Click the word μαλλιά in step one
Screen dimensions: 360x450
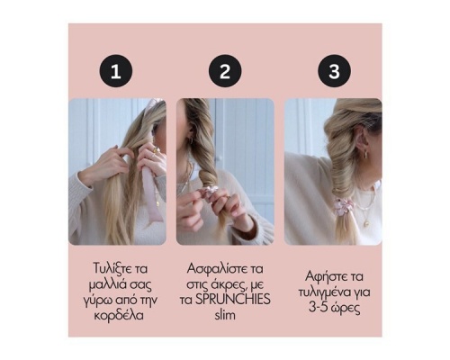pos(104,284)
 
